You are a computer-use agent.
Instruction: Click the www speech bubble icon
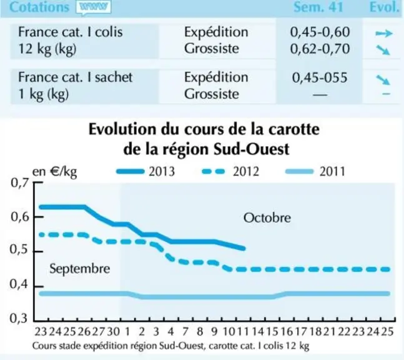94,7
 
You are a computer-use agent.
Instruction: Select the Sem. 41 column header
318,7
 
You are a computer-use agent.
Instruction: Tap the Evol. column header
384,7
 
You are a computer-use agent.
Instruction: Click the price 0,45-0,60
320,32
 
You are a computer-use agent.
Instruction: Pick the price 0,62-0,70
320,49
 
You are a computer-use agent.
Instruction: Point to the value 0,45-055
320,77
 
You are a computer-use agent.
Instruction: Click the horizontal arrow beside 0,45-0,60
384,33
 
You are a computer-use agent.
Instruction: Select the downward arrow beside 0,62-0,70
383,50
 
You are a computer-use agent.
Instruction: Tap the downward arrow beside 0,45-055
383,80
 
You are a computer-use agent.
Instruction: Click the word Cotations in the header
39,7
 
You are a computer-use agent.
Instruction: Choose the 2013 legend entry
145,171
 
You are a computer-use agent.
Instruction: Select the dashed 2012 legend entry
230,171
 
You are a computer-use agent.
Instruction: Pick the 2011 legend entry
315,171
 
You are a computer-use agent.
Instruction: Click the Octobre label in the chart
267,218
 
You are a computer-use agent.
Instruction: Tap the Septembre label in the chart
80,269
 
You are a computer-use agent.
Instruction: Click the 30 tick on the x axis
114,331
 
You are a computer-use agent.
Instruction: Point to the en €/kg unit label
54,172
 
